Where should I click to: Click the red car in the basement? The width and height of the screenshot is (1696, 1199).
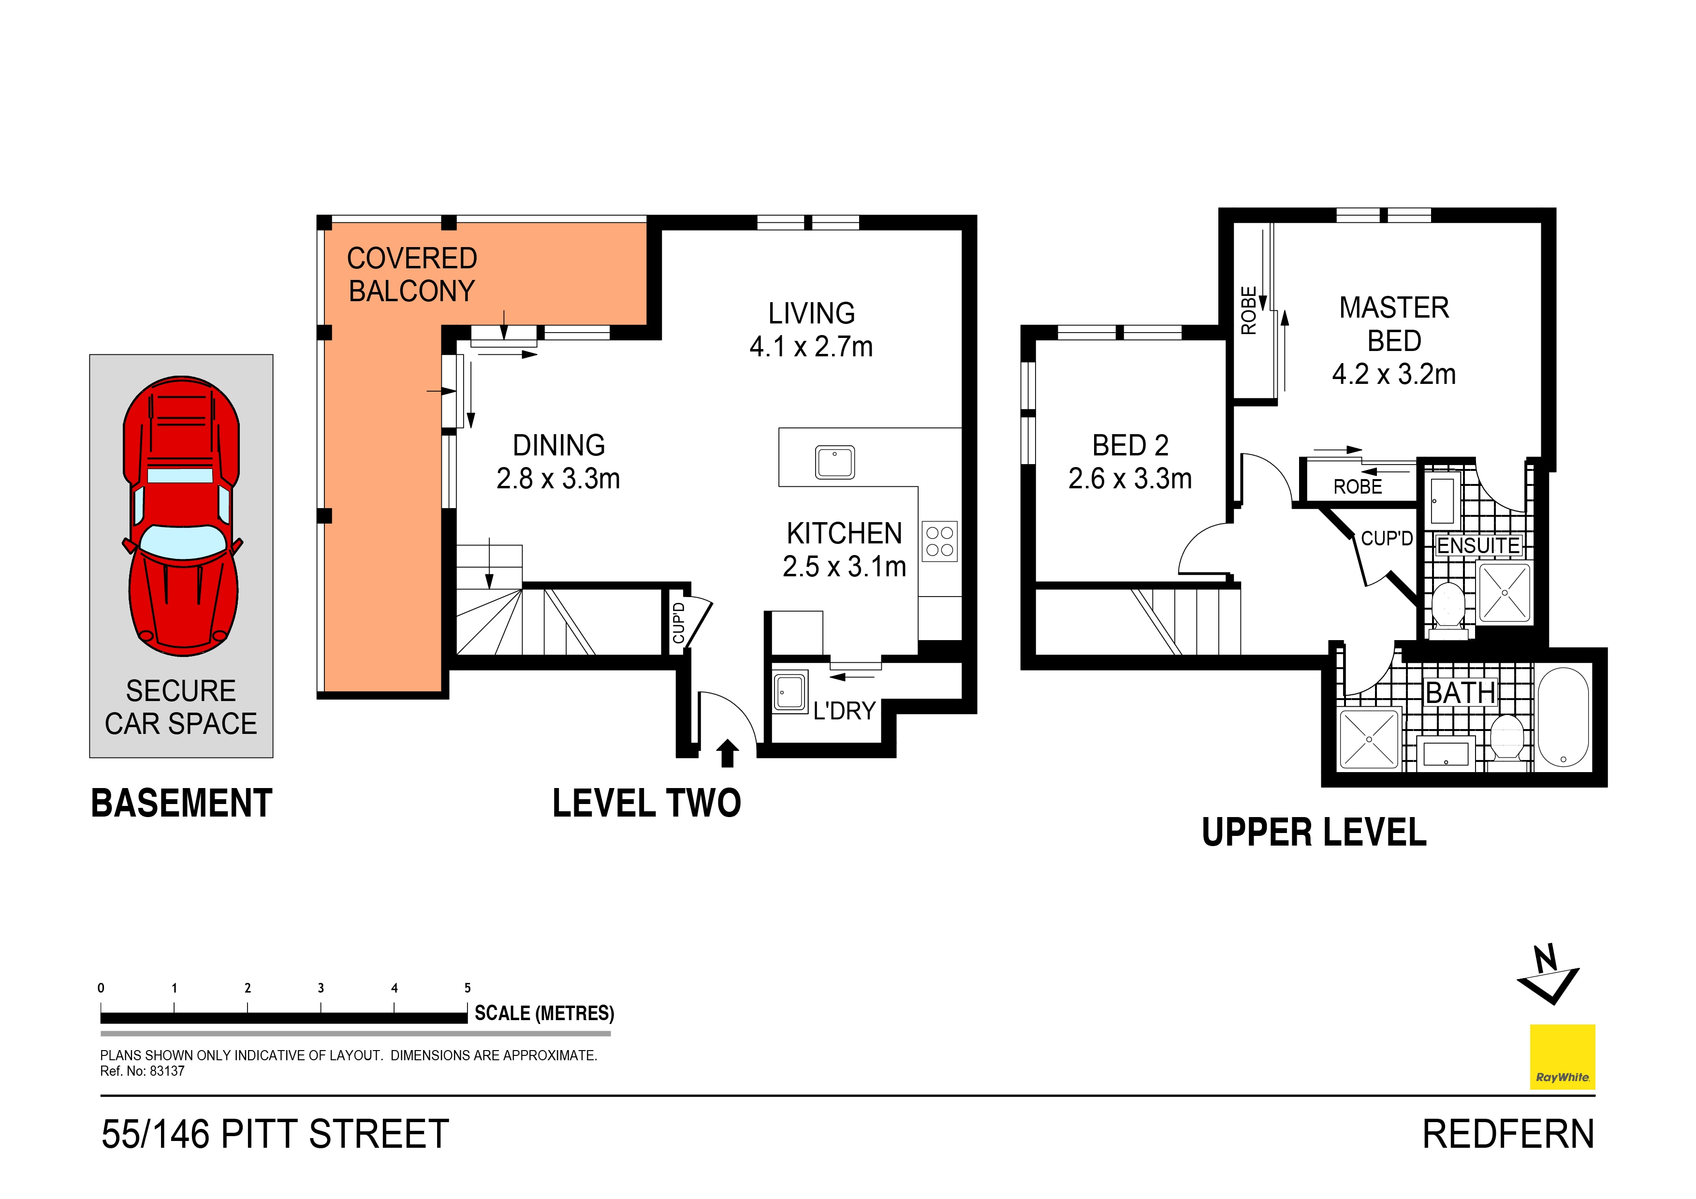pyautogui.click(x=181, y=516)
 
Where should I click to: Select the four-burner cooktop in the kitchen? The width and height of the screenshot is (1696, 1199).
pyautogui.click(x=939, y=541)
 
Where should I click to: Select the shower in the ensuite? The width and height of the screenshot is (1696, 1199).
pyautogui.click(x=1504, y=592)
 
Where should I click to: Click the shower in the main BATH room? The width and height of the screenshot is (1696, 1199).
pyautogui.click(x=1369, y=739)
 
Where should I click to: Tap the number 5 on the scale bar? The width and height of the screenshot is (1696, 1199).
pyautogui.click(x=468, y=988)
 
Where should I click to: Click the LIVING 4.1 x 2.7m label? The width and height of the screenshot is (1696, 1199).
pyautogui.click(x=811, y=330)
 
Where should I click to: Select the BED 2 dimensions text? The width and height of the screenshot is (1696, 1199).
pyautogui.click(x=1129, y=479)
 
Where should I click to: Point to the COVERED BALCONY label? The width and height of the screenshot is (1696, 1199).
pyautogui.click(x=411, y=274)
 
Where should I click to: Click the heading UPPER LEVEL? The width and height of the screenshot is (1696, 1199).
pyautogui.click(x=1314, y=833)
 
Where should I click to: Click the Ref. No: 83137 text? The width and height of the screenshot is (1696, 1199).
pyautogui.click(x=143, y=1071)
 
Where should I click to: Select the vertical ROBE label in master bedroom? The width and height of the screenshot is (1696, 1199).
pyautogui.click(x=1248, y=310)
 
